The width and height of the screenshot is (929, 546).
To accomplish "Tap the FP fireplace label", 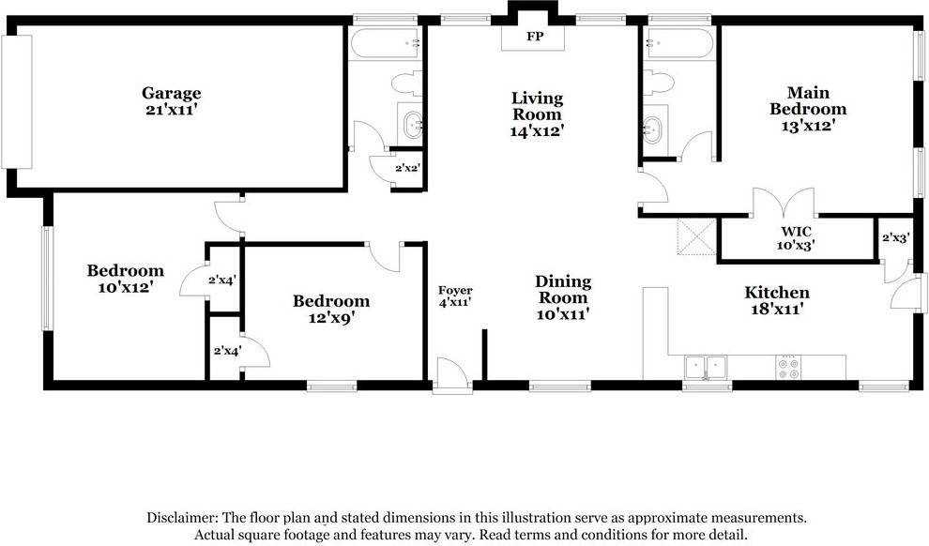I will point(535,37).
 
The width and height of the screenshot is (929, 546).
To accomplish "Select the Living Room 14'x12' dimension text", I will point(537,132).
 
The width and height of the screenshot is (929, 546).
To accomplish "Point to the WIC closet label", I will point(795,231).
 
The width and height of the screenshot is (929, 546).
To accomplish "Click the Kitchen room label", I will point(777,293).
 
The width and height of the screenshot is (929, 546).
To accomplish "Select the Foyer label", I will point(455,291).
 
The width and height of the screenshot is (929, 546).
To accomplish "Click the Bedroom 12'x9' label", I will point(331,301).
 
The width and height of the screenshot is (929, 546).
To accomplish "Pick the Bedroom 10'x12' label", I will point(126,271).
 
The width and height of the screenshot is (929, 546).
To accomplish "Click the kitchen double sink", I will point(707,368).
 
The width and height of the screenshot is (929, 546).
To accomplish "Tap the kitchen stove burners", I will point(788,368).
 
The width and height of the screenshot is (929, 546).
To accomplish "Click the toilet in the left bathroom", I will point(406,84).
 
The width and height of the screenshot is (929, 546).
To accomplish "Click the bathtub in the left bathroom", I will point(384,42).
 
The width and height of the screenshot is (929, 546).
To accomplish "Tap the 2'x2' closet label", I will point(406,168).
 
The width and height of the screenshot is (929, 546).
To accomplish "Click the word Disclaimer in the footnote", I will point(181,518).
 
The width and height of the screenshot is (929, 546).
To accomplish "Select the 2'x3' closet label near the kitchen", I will point(896,238).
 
